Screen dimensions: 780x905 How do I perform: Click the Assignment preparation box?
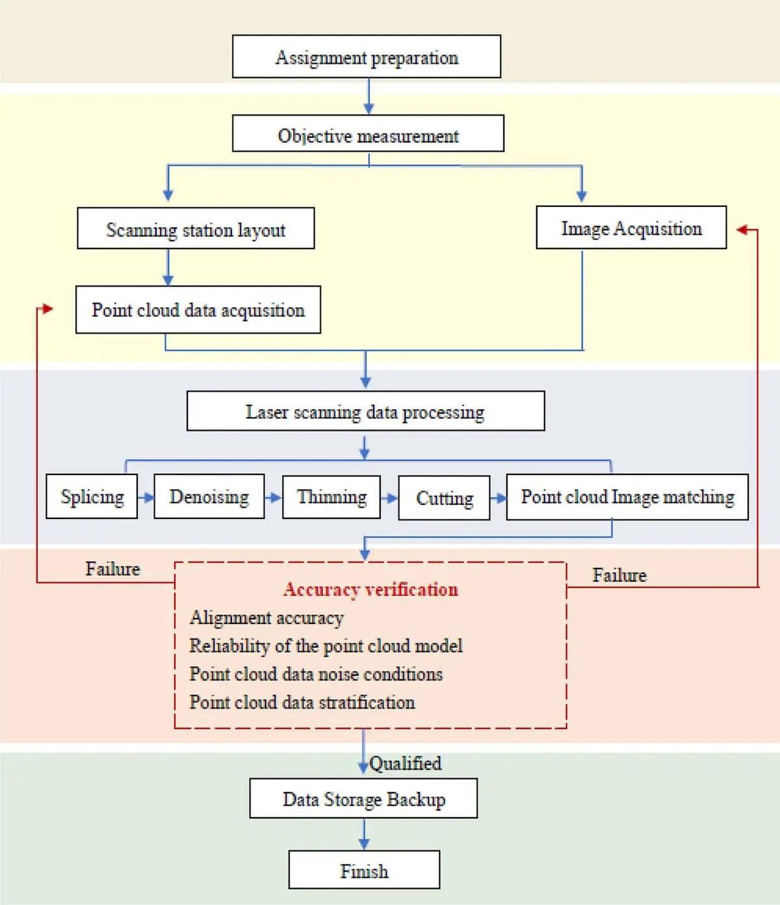click(367, 57)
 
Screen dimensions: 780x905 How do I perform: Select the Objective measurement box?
click(368, 133)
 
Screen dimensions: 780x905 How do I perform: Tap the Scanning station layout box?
click(196, 228)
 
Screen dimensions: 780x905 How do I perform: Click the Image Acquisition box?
click(631, 228)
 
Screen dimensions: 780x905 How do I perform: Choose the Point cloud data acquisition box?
click(198, 310)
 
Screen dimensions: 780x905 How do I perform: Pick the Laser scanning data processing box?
click(366, 411)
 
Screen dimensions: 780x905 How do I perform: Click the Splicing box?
click(92, 496)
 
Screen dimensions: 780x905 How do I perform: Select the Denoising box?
click(209, 496)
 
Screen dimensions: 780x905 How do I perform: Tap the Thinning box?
click(331, 497)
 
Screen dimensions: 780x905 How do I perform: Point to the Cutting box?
click(444, 498)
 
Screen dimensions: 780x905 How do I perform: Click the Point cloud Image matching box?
click(627, 497)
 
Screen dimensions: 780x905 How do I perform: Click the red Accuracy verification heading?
click(370, 589)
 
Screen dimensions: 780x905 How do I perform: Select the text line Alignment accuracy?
click(266, 618)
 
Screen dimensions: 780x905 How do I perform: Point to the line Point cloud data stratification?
click(302, 702)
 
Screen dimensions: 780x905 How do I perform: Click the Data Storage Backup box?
click(363, 798)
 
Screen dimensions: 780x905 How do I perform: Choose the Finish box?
click(364, 869)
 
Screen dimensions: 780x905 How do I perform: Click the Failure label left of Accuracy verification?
click(113, 569)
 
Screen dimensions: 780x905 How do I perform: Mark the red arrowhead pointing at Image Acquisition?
click(742, 229)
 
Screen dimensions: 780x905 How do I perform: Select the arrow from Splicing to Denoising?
click(146, 497)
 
